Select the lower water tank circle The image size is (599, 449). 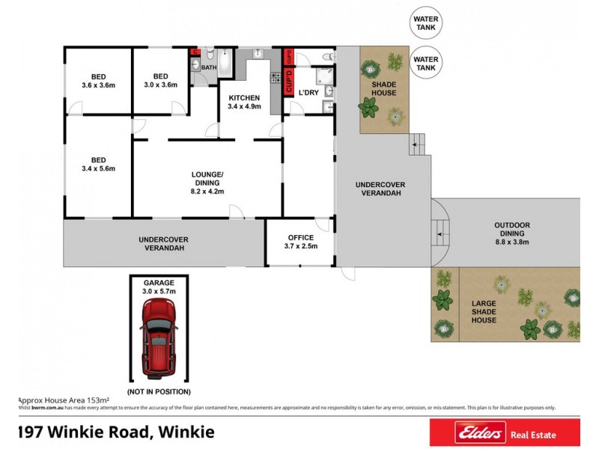pyautogui.click(x=426, y=63)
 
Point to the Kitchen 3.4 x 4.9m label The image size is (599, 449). pyautogui.click(x=244, y=103)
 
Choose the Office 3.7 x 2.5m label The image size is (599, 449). pyautogui.click(x=301, y=242)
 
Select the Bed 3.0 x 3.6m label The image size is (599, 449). pyautogui.click(x=160, y=81)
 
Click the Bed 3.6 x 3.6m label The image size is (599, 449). pyautogui.click(x=98, y=81)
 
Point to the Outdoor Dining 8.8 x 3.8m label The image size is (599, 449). pyautogui.click(x=511, y=233)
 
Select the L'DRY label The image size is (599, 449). pyautogui.click(x=308, y=92)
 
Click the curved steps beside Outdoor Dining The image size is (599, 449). pyautogui.click(x=440, y=230)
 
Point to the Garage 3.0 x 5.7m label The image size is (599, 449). pyautogui.click(x=158, y=287)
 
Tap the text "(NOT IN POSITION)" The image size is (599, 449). pyautogui.click(x=158, y=391)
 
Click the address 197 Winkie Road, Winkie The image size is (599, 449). pyautogui.click(x=117, y=432)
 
